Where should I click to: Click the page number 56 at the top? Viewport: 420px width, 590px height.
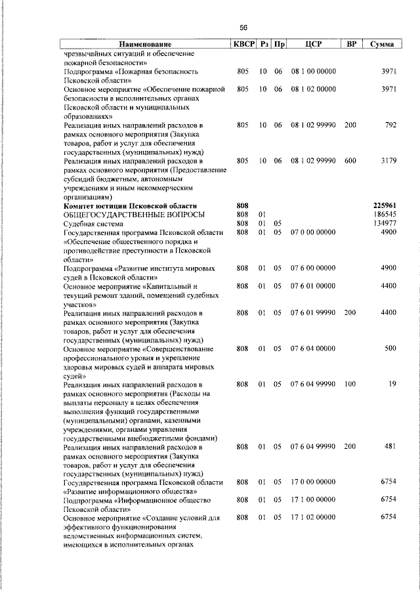click(x=243, y=28)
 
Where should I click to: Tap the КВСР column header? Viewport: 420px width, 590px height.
click(x=242, y=44)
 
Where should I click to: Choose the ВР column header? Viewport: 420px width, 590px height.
click(x=351, y=44)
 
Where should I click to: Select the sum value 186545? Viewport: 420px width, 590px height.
click(x=384, y=215)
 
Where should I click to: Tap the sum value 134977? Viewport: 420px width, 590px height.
click(x=384, y=223)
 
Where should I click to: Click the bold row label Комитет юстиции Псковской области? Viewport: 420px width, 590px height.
click(x=129, y=205)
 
